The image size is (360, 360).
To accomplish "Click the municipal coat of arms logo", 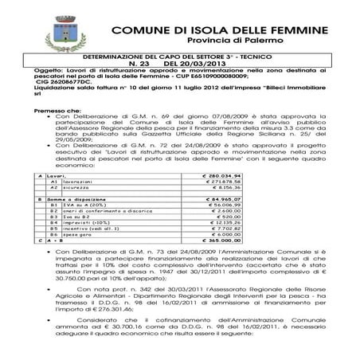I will (x=60, y=34).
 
